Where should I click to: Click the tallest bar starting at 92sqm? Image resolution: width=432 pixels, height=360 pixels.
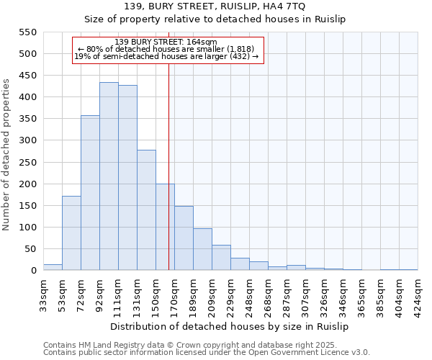[x=109, y=176]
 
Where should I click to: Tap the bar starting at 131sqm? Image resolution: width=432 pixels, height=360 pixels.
[x=146, y=210]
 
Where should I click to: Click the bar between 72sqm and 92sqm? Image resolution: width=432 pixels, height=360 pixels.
[x=90, y=193]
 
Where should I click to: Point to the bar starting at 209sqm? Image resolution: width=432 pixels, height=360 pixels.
[x=221, y=258]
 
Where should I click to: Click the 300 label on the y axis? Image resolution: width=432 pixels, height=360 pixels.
[x=27, y=140]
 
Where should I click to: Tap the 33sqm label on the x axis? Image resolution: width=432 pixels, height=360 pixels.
[x=43, y=292]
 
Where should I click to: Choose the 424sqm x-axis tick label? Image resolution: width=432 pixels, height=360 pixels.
[x=418, y=292]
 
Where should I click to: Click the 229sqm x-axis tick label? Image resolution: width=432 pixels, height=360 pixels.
[x=230, y=292]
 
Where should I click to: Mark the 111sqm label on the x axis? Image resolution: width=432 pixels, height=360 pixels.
[x=118, y=292]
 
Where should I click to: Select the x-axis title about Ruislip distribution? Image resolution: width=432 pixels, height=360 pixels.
[x=230, y=326]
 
